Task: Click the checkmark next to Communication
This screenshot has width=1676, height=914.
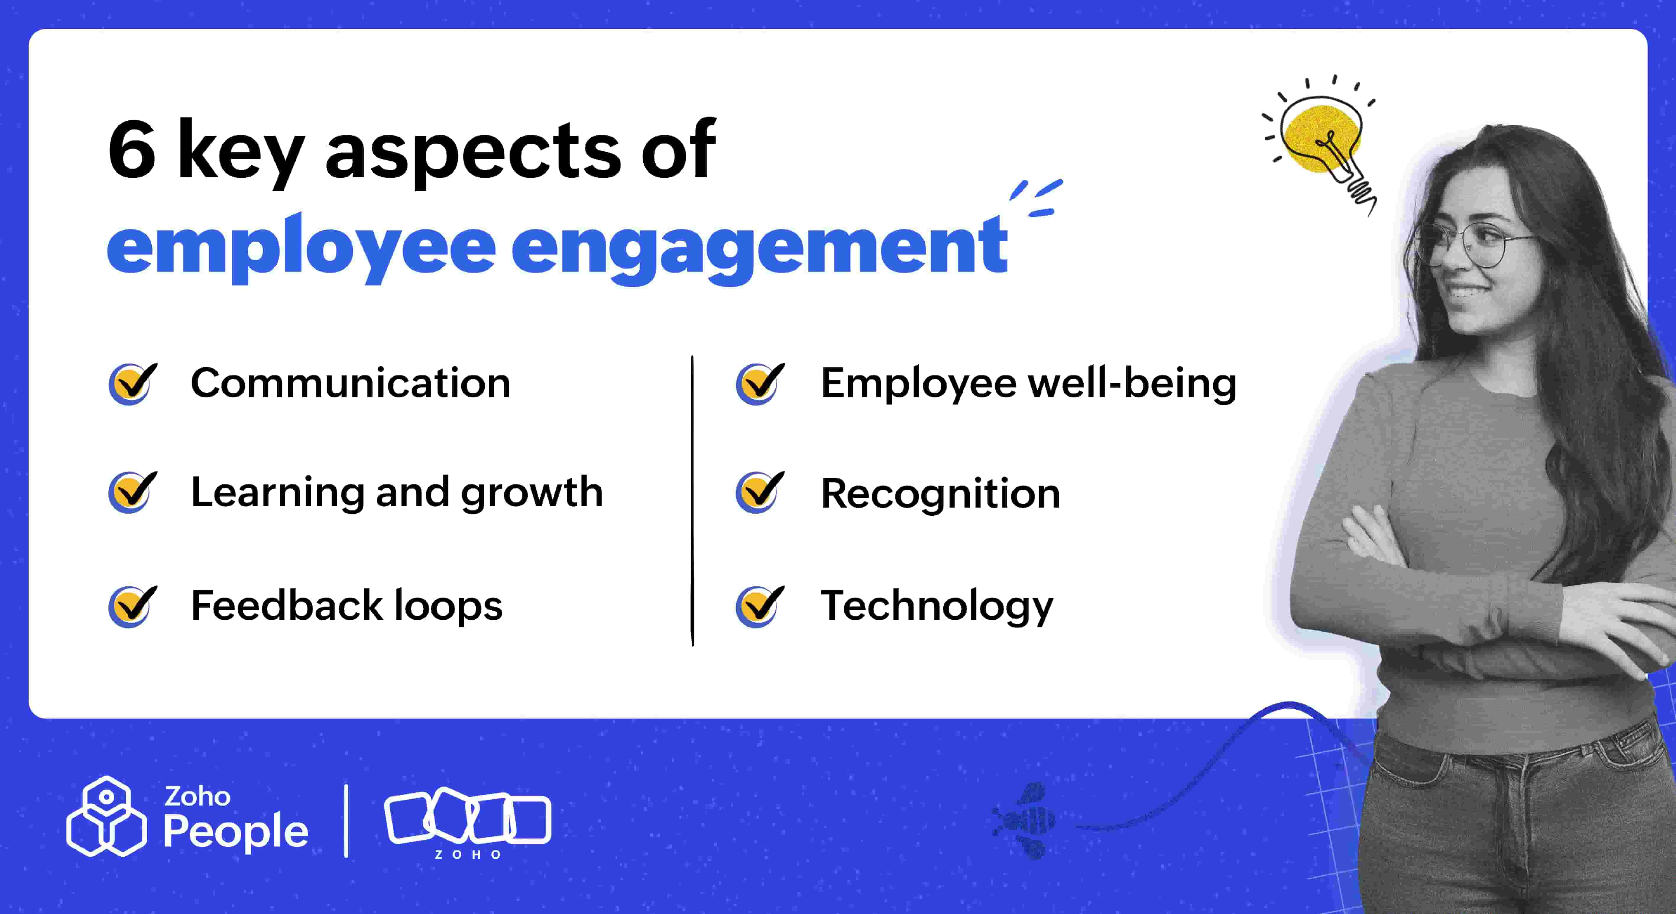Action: click(133, 383)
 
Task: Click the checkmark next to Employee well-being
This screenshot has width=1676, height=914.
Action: click(760, 383)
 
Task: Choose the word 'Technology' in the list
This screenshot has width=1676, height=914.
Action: click(937, 606)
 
